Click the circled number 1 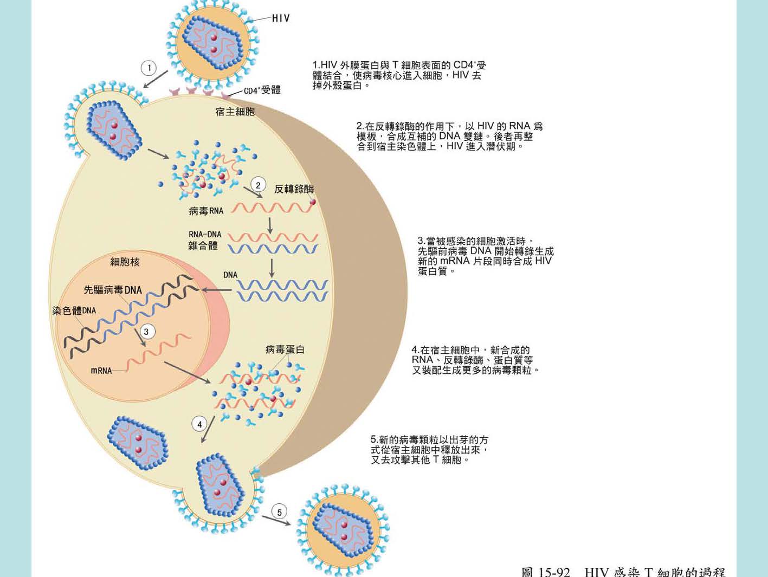coord(149,68)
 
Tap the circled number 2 coord(258,185)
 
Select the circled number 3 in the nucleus coord(146,332)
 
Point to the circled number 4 coord(199,424)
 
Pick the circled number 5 coord(279,512)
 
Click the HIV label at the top coord(281,18)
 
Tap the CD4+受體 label coord(262,90)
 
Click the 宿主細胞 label coord(235,112)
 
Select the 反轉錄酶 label coord(294,189)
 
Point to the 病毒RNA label coord(206,211)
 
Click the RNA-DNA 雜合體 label coord(204,240)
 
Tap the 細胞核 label coord(125,262)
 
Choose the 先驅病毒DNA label coord(113,290)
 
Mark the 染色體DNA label coord(74,310)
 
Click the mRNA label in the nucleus coord(101,371)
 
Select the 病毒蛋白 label coord(285,350)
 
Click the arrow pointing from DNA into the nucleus coord(217,290)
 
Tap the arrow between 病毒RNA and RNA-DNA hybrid coord(270,225)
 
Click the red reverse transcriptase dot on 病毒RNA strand coord(312,202)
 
